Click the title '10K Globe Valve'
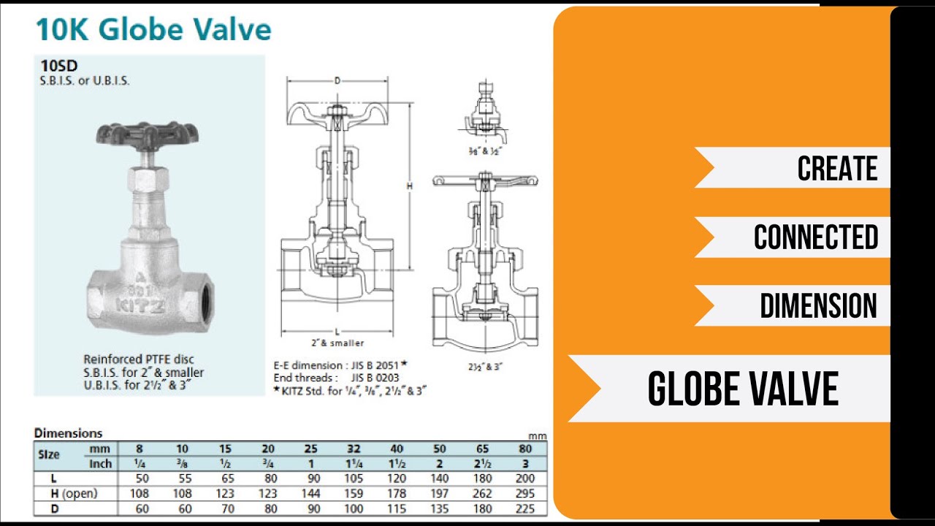click(153, 28)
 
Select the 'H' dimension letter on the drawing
click(410, 186)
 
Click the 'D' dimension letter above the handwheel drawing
click(337, 80)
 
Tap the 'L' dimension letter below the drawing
click(337, 332)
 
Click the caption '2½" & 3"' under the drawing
click(484, 367)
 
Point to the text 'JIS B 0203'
click(375, 378)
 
